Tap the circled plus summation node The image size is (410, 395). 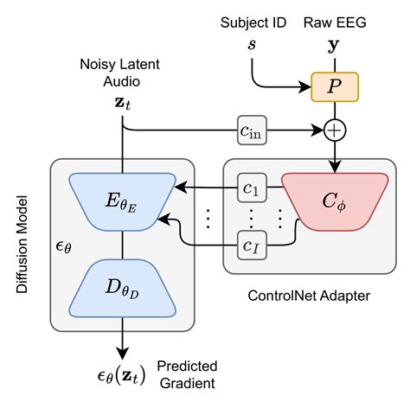pos(334,131)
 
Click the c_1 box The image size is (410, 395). pos(251,187)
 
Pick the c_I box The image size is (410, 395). pos(251,247)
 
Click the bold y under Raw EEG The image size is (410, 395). pos(334,42)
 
